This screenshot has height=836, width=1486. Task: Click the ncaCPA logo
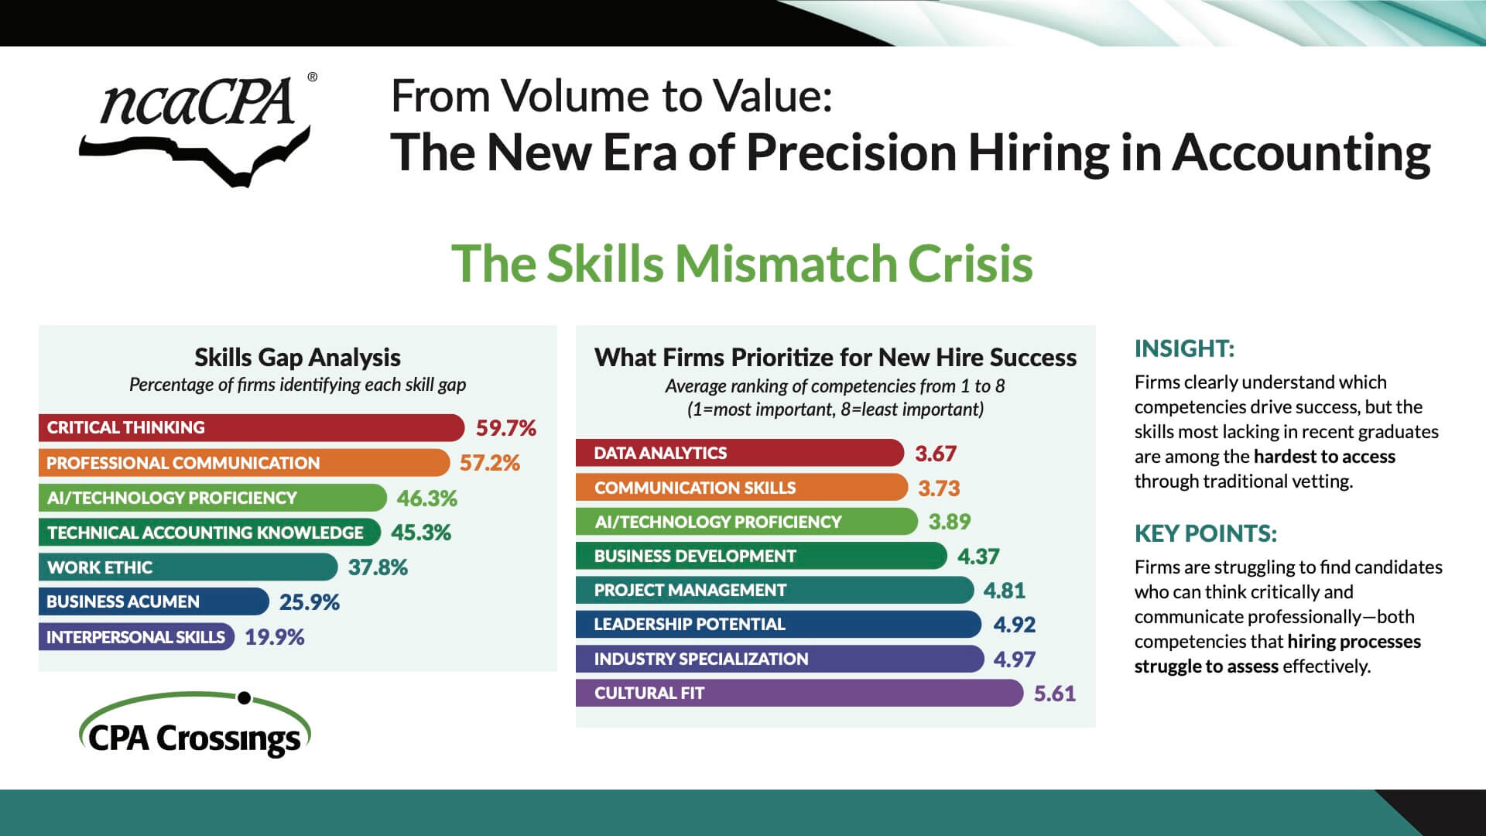[x=197, y=128]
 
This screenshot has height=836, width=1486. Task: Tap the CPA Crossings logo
[x=194, y=728]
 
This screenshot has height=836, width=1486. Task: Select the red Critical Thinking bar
[x=251, y=427]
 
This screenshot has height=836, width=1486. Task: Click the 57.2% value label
[x=489, y=463]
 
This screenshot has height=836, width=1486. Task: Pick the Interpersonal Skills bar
[x=135, y=637]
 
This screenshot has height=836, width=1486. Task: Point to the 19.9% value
[x=275, y=637]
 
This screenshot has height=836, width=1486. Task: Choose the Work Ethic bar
[x=187, y=567]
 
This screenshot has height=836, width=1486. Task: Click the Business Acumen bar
[x=153, y=601]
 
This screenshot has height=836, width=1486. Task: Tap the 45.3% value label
[x=420, y=533]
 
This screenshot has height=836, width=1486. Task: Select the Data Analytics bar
[x=739, y=453]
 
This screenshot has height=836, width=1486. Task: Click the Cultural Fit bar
[x=799, y=693]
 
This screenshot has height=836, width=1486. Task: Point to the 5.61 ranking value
[x=1055, y=693]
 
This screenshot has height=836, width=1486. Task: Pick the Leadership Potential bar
[x=778, y=624]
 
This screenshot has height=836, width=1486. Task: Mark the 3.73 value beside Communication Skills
[x=939, y=488]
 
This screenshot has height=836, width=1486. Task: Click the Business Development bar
[x=761, y=556]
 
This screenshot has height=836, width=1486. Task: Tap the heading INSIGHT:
[x=1184, y=349]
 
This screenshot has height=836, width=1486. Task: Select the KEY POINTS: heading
[x=1205, y=533]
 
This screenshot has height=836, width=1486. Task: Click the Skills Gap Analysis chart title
[x=297, y=358]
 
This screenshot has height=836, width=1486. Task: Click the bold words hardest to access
[x=1324, y=457]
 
